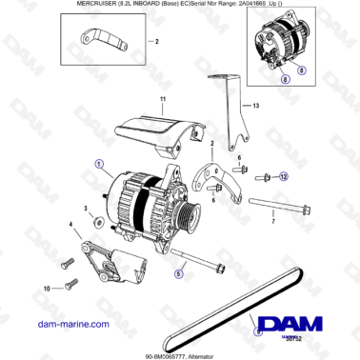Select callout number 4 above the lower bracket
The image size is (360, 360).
tap(70, 226)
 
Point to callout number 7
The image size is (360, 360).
tap(274, 233)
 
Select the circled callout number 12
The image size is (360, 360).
tap(283, 175)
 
